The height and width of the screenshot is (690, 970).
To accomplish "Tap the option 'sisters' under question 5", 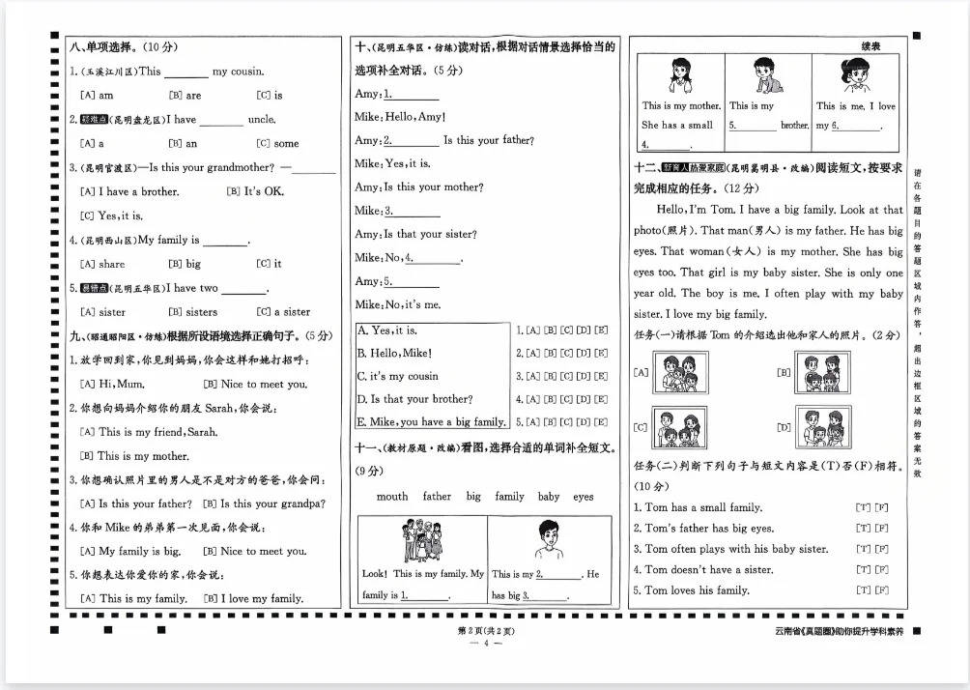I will coord(192,312).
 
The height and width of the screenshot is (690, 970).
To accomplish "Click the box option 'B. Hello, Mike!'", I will coord(395,354).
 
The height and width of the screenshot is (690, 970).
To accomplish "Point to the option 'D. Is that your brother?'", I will coord(414,398).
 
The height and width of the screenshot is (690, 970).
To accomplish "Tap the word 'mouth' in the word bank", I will coord(392,497).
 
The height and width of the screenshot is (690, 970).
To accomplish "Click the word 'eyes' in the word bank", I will coord(584,497).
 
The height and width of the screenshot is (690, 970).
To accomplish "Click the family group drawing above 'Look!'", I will coord(421,542).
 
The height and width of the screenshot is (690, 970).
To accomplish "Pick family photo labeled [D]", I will coord(823,426).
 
